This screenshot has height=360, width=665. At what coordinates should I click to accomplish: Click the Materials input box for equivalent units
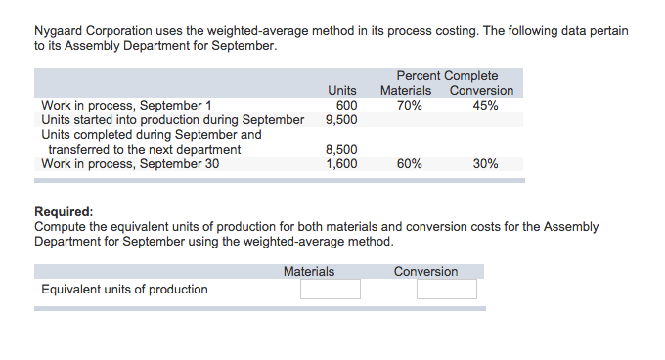330,290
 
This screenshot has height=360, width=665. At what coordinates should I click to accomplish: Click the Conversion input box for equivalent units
446,290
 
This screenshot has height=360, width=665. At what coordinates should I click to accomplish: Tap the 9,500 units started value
341,120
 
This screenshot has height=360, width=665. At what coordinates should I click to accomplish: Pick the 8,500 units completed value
341,150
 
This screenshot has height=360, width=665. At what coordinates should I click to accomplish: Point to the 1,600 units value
341,164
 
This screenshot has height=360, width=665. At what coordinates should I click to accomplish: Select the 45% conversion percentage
485,106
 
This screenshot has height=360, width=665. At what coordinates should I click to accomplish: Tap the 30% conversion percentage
485,164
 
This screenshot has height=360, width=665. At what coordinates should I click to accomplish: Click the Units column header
341,91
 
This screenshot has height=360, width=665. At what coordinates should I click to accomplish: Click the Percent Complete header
447,76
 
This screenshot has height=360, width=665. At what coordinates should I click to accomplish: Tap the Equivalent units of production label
124,289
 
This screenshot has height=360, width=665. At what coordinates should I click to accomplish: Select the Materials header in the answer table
309,271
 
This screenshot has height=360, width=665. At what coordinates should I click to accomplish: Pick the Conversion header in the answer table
425,271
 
